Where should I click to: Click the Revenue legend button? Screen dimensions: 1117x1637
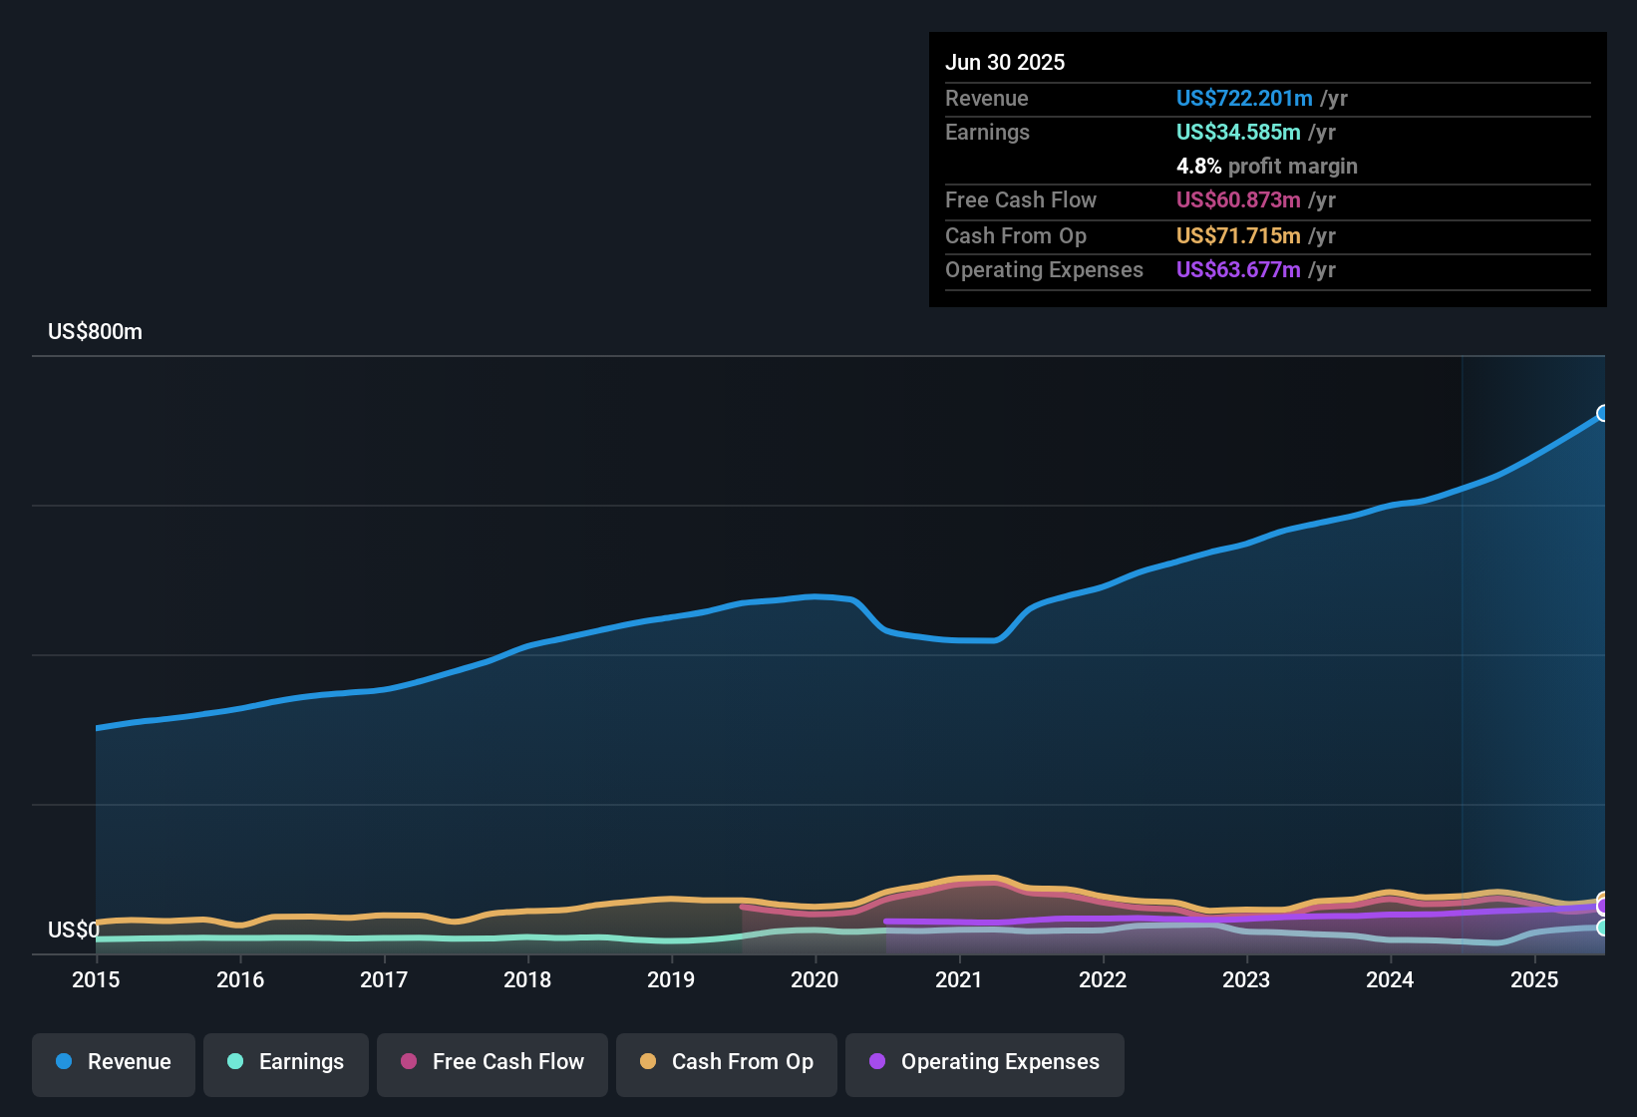(x=114, y=1062)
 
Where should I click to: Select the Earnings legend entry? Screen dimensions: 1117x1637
(x=286, y=1062)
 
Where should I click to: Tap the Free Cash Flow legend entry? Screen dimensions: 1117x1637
(x=492, y=1062)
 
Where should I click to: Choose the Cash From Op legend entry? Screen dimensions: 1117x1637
(x=727, y=1062)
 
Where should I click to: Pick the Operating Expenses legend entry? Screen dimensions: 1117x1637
(x=985, y=1062)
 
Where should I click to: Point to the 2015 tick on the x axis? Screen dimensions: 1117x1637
(x=96, y=979)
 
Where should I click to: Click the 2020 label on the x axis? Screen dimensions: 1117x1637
(x=815, y=979)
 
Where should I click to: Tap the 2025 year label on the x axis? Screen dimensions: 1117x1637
(x=1534, y=979)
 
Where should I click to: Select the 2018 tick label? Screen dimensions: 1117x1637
(x=527, y=979)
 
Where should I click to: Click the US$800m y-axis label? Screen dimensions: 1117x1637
(x=95, y=332)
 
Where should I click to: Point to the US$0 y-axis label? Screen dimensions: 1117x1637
(x=73, y=931)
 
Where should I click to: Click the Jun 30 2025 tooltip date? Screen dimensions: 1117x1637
(x=1005, y=63)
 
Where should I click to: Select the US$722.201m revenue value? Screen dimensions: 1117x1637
(x=1243, y=99)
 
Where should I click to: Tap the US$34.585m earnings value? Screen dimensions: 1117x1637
(x=1237, y=133)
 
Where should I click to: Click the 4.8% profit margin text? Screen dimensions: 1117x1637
(x=1266, y=167)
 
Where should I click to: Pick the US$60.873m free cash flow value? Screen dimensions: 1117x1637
(x=1237, y=200)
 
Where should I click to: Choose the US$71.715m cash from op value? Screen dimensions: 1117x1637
(x=1237, y=236)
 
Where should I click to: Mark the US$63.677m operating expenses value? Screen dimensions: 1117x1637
(x=1237, y=270)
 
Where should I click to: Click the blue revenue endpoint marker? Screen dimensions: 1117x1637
(x=1602, y=413)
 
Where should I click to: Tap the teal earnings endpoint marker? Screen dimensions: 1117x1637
(x=1602, y=928)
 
